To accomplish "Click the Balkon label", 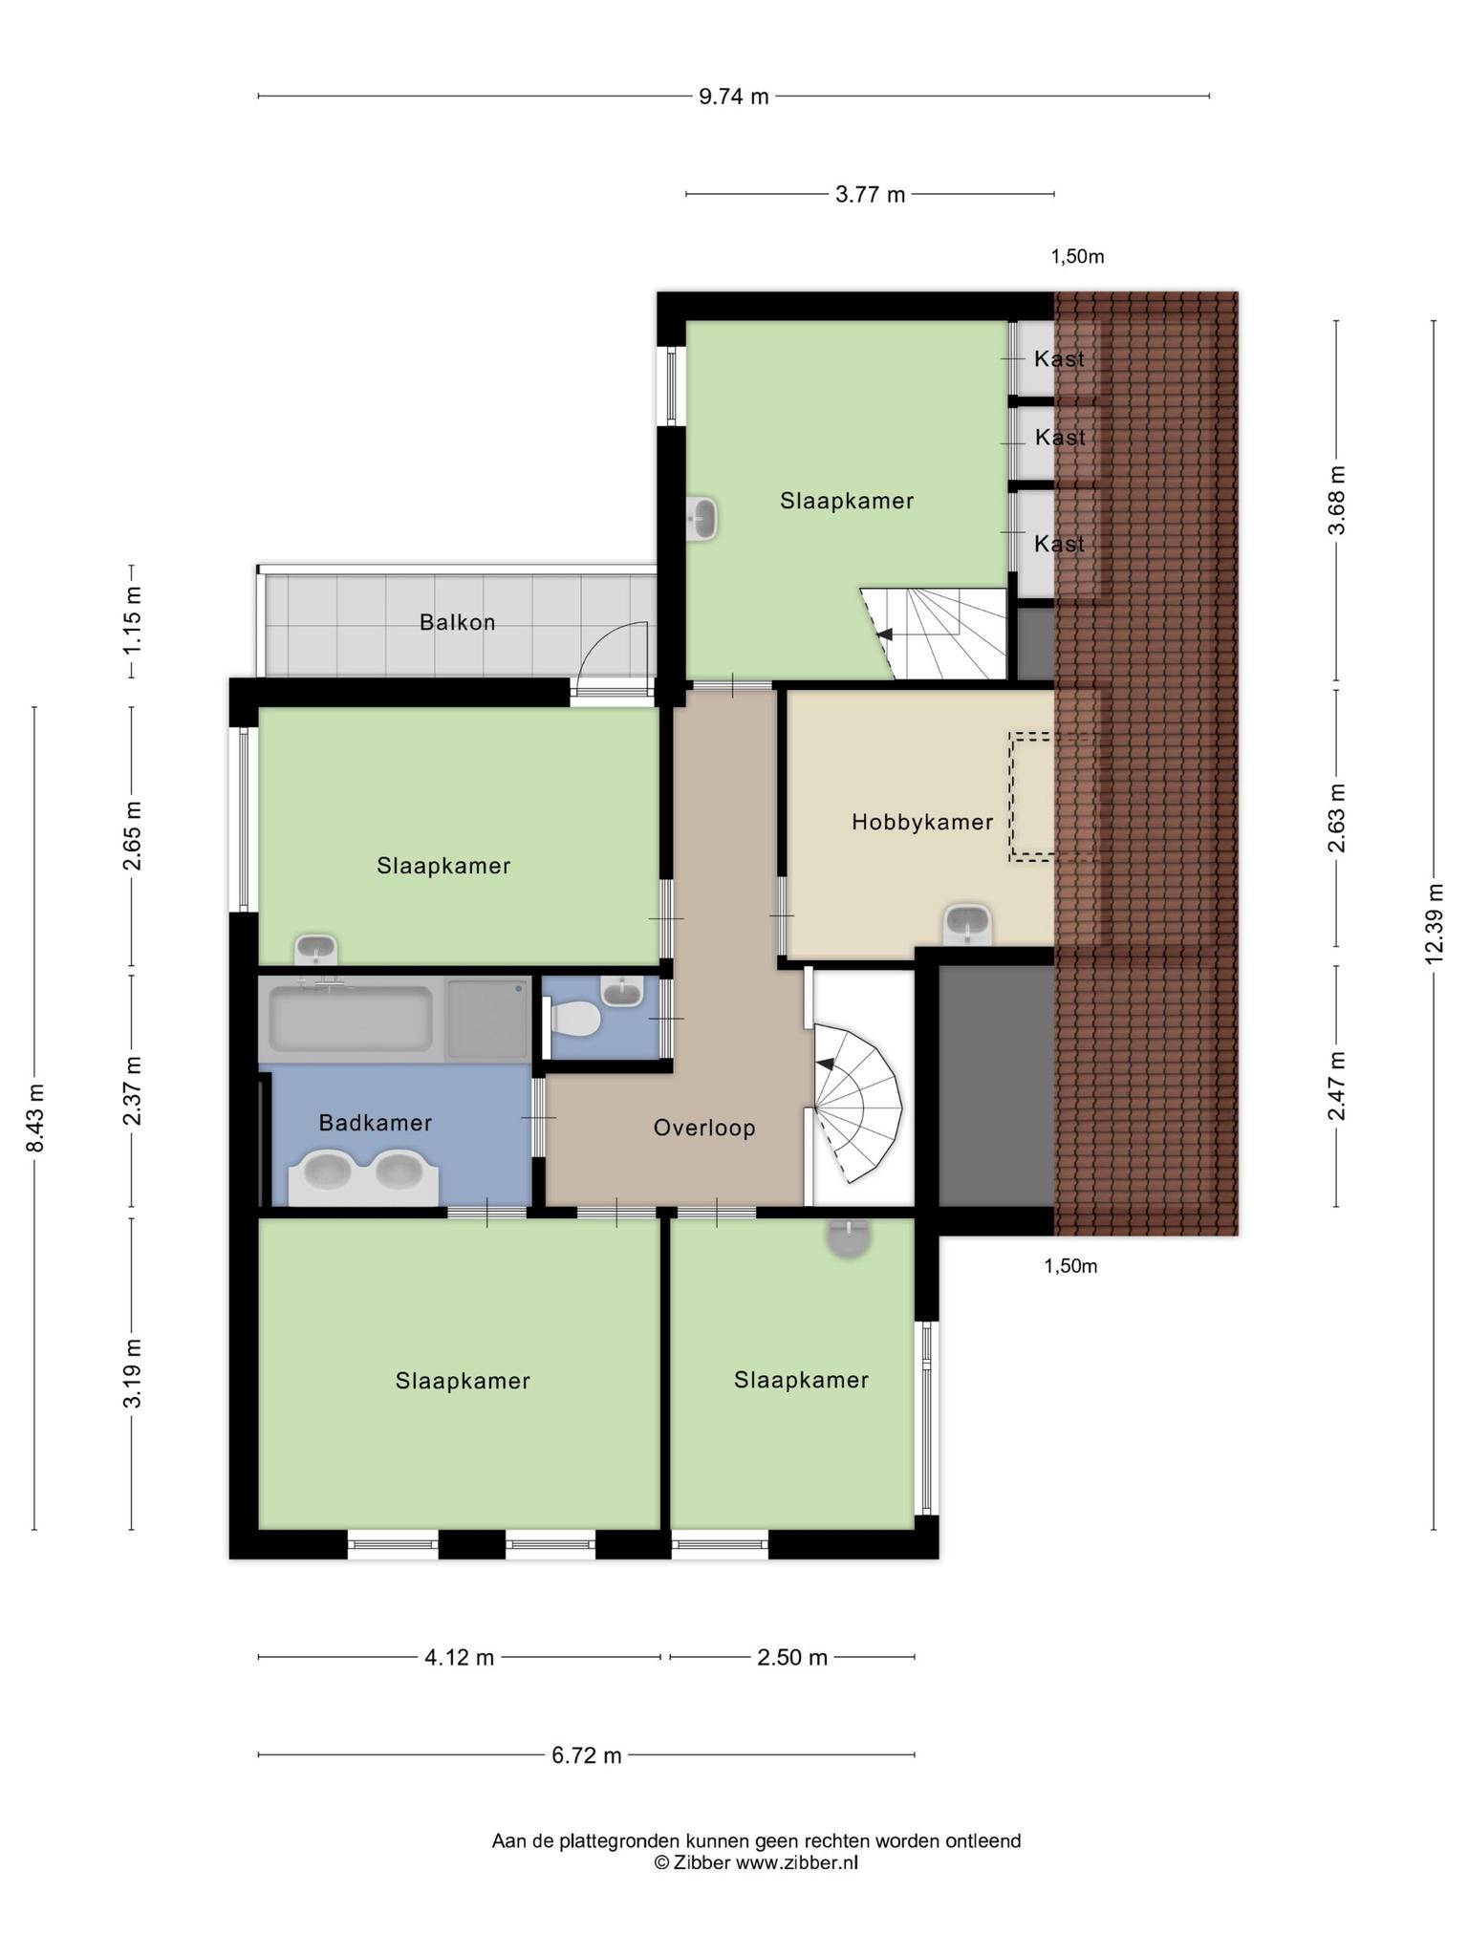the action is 457,623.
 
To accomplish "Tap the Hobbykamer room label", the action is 922,822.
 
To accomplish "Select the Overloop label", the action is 704,1129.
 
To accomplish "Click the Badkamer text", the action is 376,1123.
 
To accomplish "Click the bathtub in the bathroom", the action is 351,1019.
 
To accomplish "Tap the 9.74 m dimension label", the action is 734,97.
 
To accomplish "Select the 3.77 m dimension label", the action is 870,195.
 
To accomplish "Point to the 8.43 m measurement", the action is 35,1118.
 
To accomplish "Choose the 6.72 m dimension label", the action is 587,1755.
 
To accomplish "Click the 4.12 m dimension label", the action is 460,1657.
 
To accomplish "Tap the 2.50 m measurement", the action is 792,1657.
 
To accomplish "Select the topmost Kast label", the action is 1059,359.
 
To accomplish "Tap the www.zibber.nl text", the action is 796,1862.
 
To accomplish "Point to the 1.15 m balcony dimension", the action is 132,621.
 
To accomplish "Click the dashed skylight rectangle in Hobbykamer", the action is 1032,797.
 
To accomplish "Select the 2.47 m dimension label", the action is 1337,1086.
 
